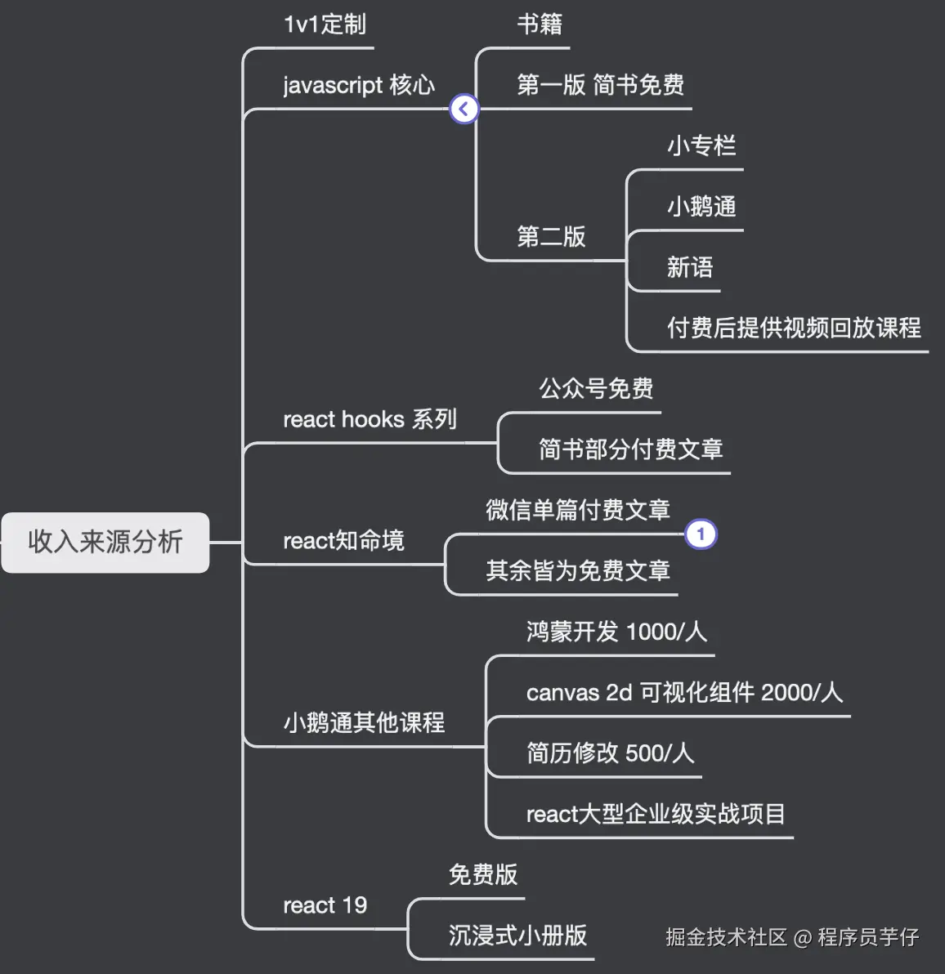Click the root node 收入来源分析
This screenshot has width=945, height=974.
coord(105,542)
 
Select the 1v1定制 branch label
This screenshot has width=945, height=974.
coord(325,25)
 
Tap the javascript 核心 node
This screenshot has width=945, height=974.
coord(358,85)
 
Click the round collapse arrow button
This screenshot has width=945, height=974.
coord(464,109)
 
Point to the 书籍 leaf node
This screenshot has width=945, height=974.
coord(540,25)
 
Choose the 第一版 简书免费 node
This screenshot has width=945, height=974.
coord(600,85)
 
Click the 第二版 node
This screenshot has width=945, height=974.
coord(551,237)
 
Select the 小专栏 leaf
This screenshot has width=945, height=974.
coord(701,146)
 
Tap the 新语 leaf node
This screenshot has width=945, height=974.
coord(690,267)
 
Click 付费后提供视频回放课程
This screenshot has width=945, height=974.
coord(794,328)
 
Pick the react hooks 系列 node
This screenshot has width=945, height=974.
coord(369,419)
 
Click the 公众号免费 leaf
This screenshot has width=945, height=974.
coord(596,389)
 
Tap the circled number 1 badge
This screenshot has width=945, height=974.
coord(701,534)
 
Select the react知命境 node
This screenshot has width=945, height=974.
coord(343,541)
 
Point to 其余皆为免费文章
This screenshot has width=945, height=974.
coord(578,570)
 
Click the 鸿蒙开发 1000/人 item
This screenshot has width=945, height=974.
coord(616,632)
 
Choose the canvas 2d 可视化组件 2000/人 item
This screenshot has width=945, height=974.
coord(683,692)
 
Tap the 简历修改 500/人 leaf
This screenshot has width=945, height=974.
coord(610,753)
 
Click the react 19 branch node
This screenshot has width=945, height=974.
coord(325,905)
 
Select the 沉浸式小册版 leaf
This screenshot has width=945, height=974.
coord(517,936)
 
